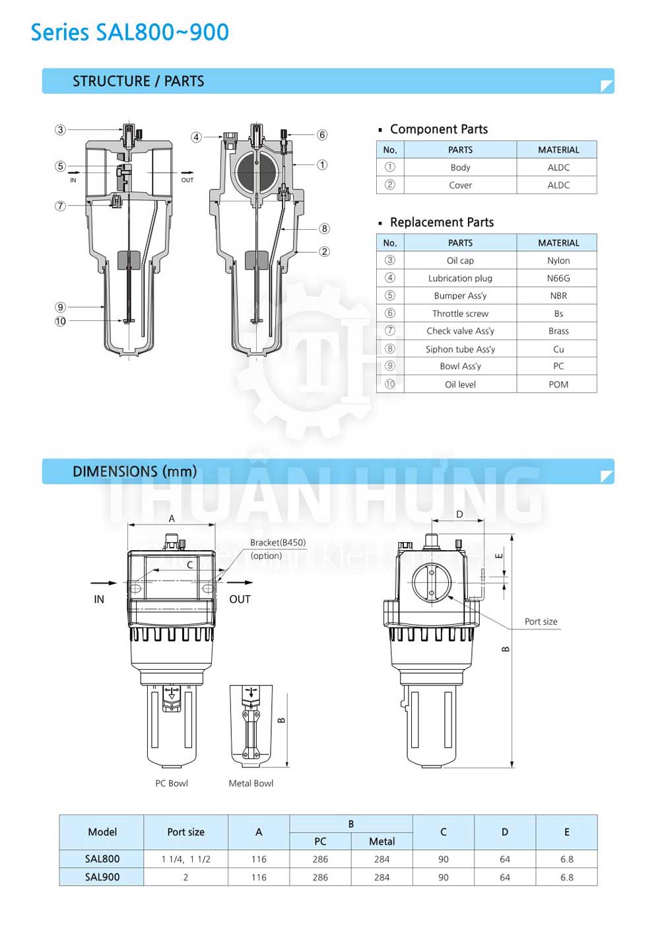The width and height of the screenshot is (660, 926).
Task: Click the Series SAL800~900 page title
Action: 129,32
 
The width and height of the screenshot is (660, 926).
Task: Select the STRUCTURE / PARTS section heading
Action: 139,81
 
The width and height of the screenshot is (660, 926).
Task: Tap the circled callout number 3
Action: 60,130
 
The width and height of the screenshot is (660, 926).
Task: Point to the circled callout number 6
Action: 322,135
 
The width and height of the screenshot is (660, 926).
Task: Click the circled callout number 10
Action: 60,321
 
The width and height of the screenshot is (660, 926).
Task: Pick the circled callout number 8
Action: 324,229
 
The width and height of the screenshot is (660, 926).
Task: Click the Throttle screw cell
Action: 460,313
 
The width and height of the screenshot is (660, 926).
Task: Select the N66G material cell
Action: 558,278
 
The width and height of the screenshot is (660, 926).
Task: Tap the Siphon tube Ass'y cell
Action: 460,349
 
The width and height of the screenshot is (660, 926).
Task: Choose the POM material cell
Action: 558,384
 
